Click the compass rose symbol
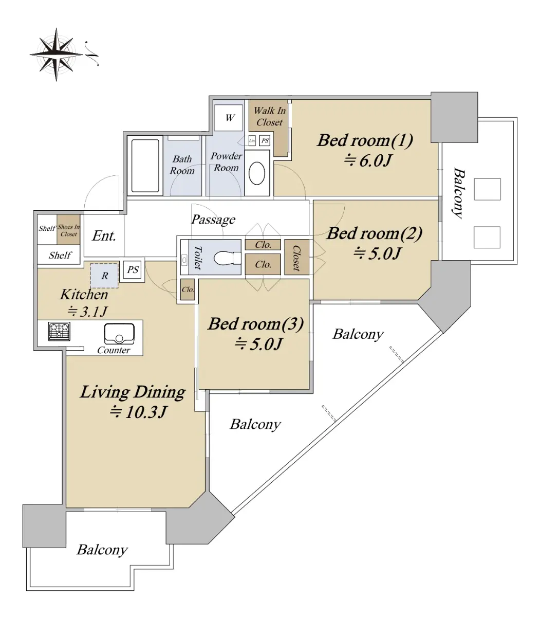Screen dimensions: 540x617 tap(57, 55)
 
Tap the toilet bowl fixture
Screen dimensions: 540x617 tap(227, 258)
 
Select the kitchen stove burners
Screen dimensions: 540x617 tap(59, 331)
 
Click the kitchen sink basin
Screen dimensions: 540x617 tap(119, 334)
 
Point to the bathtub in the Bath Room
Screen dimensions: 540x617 tap(145, 166)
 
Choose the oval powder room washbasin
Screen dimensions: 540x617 tap(257, 173)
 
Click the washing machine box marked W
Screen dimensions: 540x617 tap(229, 118)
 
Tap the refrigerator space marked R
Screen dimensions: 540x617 tap(104, 276)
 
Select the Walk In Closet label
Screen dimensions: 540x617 tap(269, 116)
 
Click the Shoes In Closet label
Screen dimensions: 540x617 tap(69, 230)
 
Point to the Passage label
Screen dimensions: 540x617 tap(213, 219)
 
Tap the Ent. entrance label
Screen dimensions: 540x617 tap(104, 236)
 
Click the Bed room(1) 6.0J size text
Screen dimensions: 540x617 tap(368, 160)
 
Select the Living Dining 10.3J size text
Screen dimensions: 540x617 tap(138, 412)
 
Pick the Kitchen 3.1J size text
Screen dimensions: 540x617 tap(87, 312)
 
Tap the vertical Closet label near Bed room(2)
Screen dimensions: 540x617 tap(296, 258)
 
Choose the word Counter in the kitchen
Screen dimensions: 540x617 tap(114, 350)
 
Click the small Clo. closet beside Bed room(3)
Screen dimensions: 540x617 tap(188, 289)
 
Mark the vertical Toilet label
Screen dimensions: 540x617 tap(198, 257)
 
